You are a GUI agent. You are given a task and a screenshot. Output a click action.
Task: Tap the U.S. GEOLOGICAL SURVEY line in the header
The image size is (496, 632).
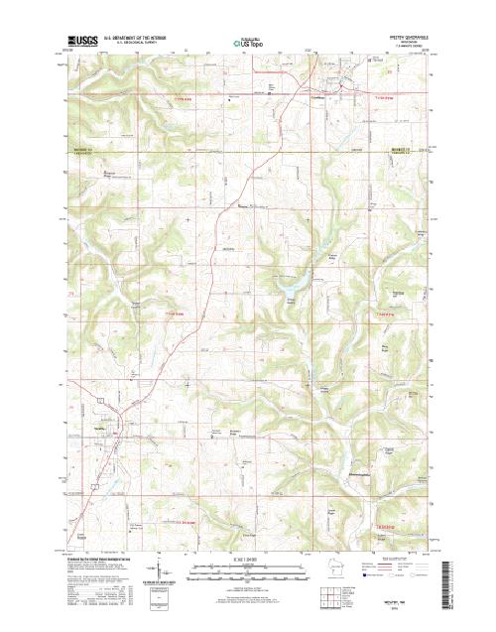pyautogui.click(x=130, y=44)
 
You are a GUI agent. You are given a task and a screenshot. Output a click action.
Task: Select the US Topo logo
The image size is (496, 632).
pyautogui.click(x=248, y=43)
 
